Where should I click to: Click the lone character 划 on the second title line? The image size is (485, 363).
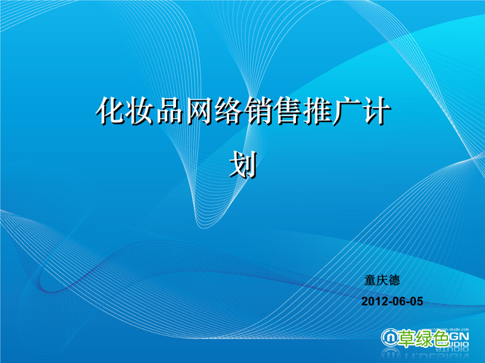(243, 166)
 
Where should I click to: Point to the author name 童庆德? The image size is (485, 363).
(382, 280)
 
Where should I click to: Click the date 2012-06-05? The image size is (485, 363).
(392, 301)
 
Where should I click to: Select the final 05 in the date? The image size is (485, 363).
(415, 301)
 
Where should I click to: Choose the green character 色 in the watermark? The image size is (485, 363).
(441, 338)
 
